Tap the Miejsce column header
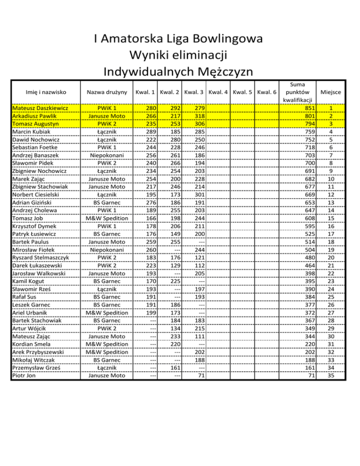[331, 92]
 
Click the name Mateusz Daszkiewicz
[40, 108]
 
